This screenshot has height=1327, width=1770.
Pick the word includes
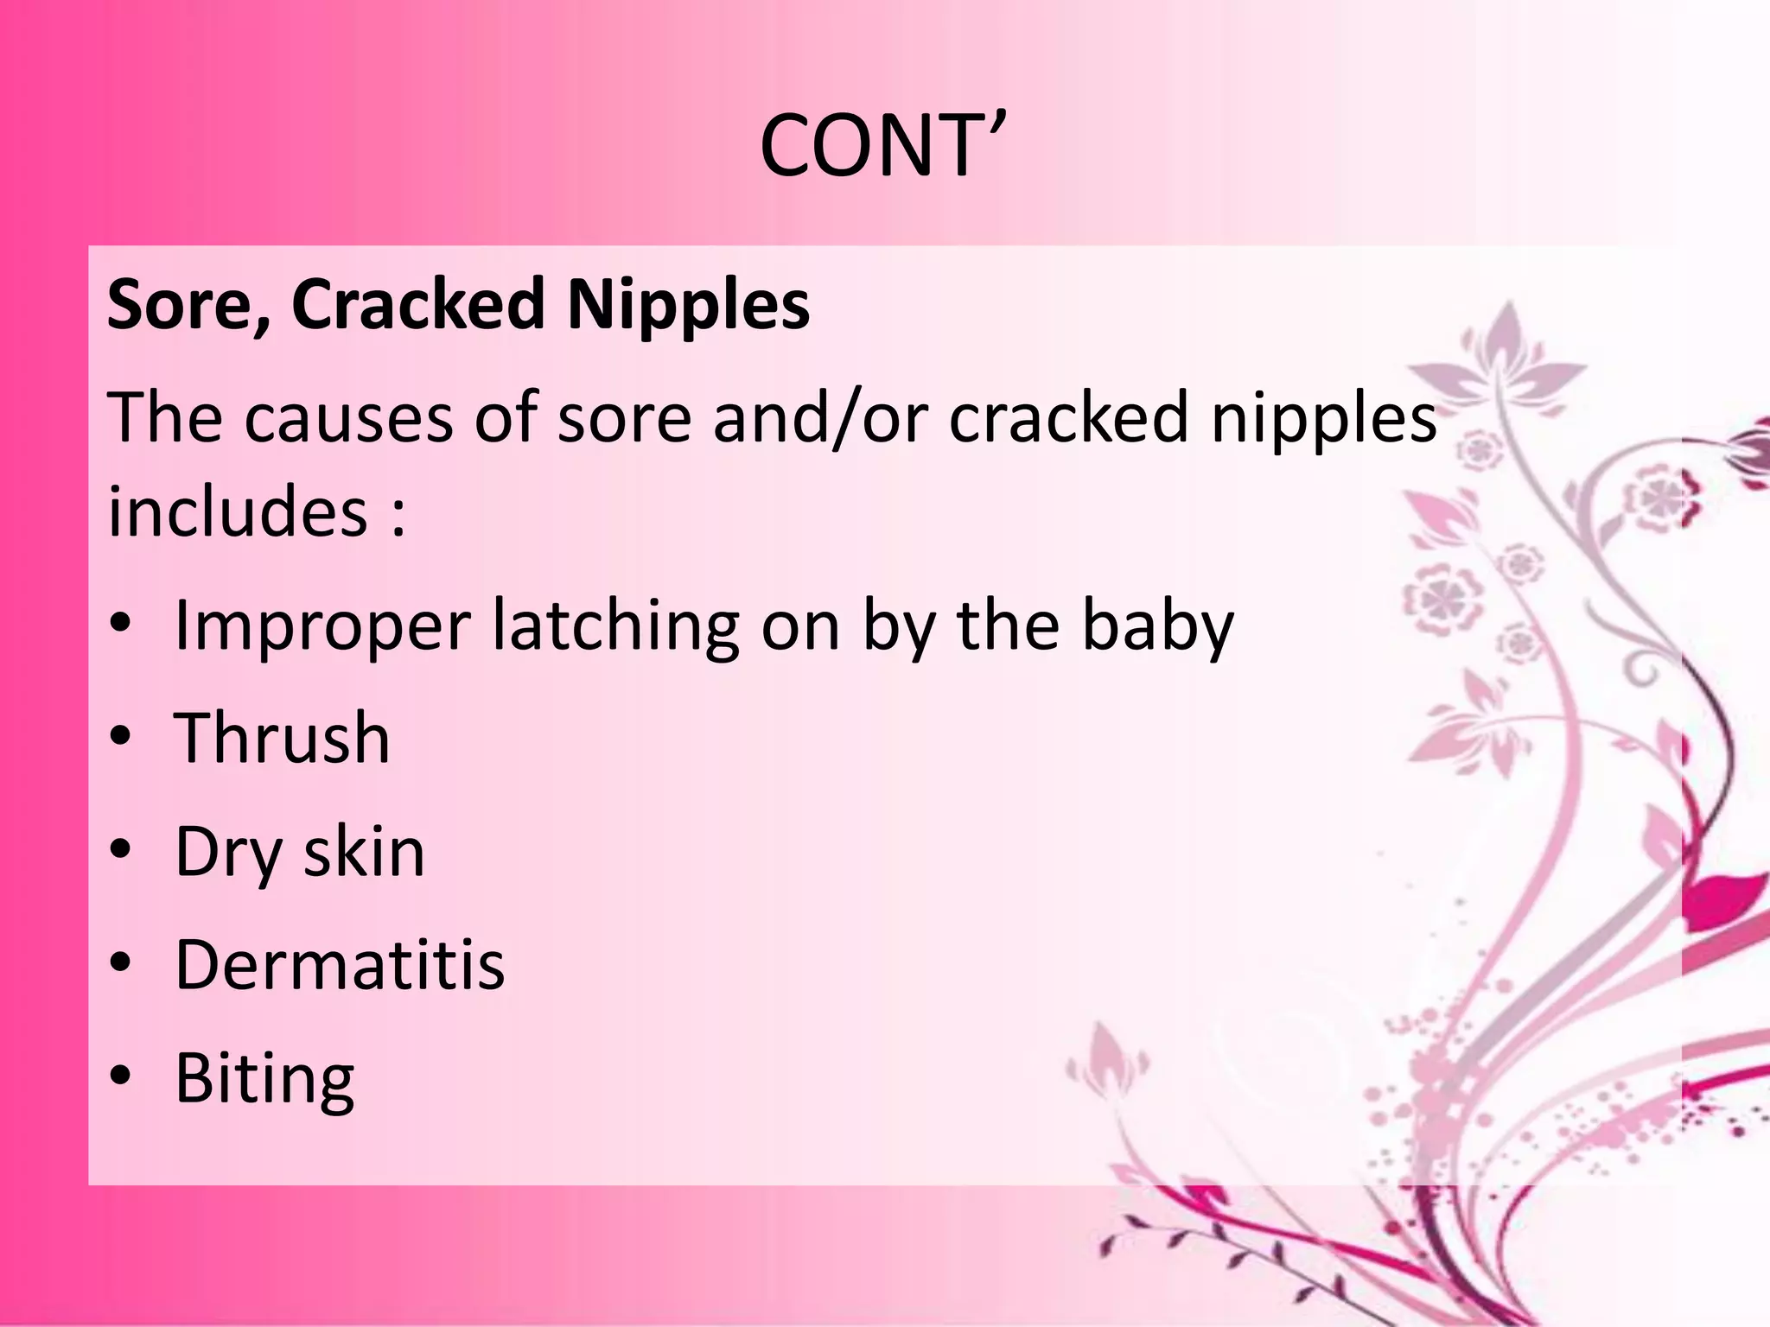[238, 511]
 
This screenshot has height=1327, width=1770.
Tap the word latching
[616, 627]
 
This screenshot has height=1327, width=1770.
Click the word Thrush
[282, 739]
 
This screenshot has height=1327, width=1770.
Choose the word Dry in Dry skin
[228, 854]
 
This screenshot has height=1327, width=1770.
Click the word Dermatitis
[340, 964]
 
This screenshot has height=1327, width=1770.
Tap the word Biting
[264, 1079]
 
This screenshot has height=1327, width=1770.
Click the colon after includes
[397, 515]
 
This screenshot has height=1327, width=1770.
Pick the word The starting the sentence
[164, 418]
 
